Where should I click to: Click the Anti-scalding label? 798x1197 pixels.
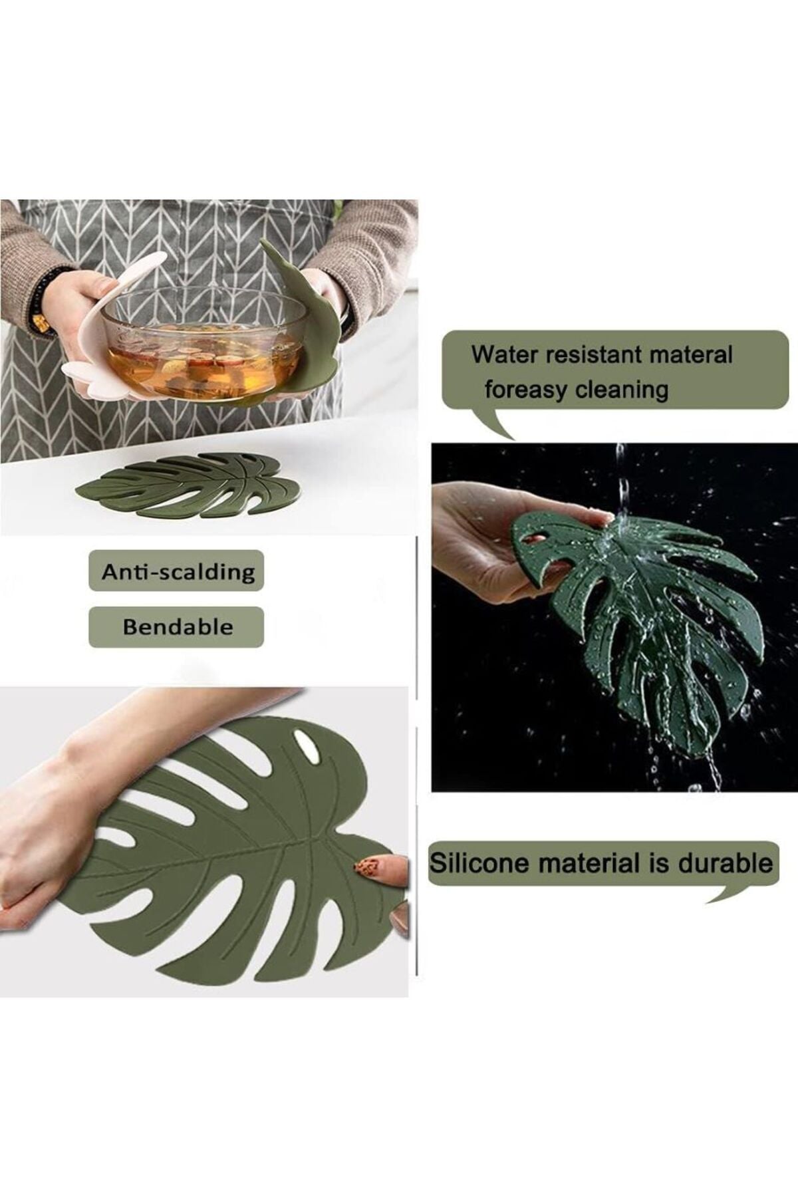[177, 571]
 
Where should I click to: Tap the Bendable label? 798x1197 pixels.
[177, 627]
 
